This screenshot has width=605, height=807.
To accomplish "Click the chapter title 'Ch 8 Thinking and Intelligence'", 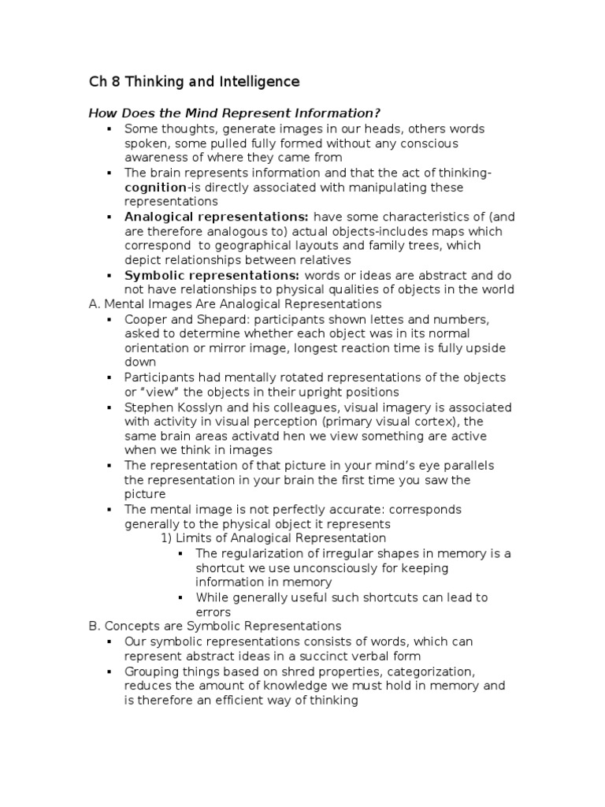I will click(x=193, y=81).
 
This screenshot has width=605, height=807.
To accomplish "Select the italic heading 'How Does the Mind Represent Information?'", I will click(x=229, y=113).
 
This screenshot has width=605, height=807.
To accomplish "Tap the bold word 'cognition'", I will click(x=155, y=188).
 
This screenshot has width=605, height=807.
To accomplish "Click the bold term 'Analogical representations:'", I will click(x=217, y=217).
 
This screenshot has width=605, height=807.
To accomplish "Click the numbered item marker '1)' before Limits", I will click(x=166, y=539).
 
